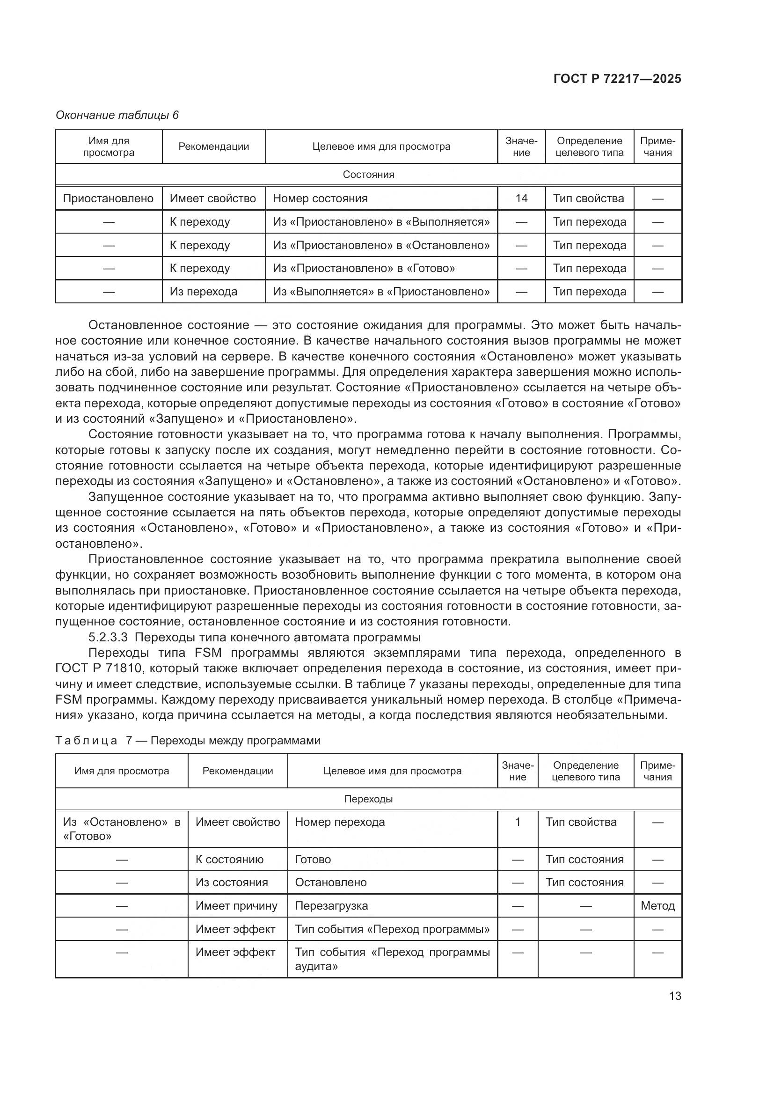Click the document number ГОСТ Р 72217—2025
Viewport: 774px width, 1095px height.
click(617, 79)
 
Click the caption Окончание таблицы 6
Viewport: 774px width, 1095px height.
click(117, 115)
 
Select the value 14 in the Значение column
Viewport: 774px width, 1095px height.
click(521, 198)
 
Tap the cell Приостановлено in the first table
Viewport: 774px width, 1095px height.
click(108, 198)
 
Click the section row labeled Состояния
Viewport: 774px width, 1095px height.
click(368, 175)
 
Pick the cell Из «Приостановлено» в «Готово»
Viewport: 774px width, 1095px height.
click(364, 268)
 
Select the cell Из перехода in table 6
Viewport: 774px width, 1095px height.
click(204, 291)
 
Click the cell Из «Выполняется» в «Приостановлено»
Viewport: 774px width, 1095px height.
click(381, 291)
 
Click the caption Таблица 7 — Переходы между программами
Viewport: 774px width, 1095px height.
click(188, 740)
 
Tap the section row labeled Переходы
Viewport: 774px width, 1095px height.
click(368, 799)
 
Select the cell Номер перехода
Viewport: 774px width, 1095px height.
click(340, 822)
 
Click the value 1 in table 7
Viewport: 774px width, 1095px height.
click(518, 822)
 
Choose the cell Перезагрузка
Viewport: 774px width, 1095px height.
click(331, 906)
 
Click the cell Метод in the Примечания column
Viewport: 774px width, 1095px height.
click(657, 906)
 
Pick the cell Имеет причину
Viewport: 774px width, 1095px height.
click(236, 906)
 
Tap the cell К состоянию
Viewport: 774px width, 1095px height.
click(229, 860)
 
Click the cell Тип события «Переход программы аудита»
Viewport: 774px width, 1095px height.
click(392, 959)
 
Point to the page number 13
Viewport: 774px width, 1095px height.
click(675, 996)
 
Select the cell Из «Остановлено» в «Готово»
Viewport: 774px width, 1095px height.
click(122, 829)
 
